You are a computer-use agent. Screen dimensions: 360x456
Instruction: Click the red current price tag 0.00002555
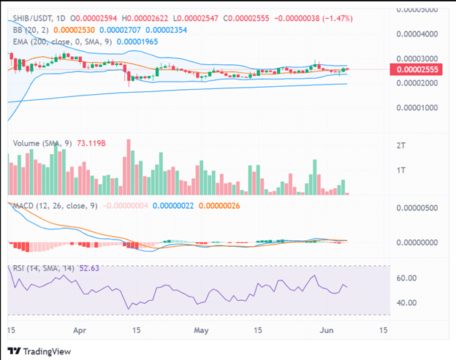click(417, 69)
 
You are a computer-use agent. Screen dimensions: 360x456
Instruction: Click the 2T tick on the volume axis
click(400, 146)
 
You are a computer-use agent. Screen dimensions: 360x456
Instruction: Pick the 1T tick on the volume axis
click(400, 171)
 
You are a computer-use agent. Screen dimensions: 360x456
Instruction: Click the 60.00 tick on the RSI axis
click(406, 278)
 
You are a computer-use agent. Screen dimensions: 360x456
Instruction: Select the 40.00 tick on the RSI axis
click(406, 302)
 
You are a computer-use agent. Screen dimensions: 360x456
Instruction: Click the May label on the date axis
click(199, 329)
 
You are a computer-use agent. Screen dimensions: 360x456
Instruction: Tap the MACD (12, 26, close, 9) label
click(54, 206)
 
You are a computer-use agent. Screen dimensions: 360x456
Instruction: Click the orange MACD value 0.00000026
click(224, 206)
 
